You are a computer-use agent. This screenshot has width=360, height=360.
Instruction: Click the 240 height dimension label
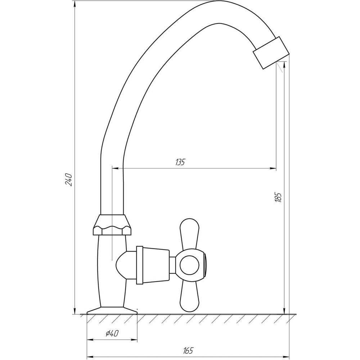tap(70, 180)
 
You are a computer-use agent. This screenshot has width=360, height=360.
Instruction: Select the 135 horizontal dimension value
tap(180, 162)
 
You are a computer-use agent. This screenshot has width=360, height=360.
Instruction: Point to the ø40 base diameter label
tap(112, 334)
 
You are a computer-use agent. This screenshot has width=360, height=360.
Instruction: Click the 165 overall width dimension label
tap(188, 350)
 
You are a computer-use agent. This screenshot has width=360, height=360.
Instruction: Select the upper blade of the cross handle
tap(188, 232)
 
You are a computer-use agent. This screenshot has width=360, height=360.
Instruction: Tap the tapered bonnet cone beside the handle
tap(152, 265)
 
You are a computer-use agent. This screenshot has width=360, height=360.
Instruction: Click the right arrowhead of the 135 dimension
tap(273, 168)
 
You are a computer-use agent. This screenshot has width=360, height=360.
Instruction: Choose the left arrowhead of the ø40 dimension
tap(90, 339)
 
